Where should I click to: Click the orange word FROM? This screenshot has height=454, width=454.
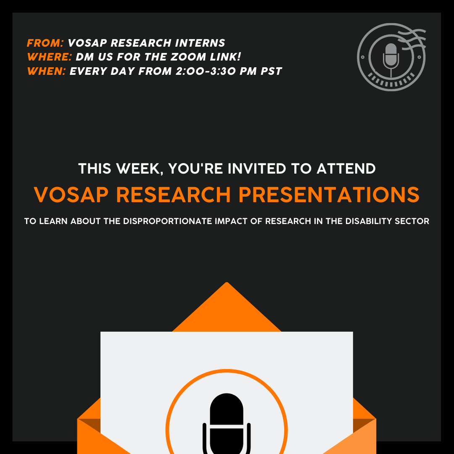coord(45,43)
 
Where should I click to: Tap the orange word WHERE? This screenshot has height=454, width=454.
coord(50,57)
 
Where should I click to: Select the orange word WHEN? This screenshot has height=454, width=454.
coord(46,71)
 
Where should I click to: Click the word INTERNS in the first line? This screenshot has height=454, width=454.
coord(200,43)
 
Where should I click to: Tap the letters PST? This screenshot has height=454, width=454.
coord(271,71)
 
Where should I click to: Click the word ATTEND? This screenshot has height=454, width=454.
coord(346,169)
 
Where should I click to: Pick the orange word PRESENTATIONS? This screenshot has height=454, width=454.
coord(329,195)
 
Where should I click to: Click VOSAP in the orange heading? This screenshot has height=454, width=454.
coord(71,195)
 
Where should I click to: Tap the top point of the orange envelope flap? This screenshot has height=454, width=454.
coord(227,282)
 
